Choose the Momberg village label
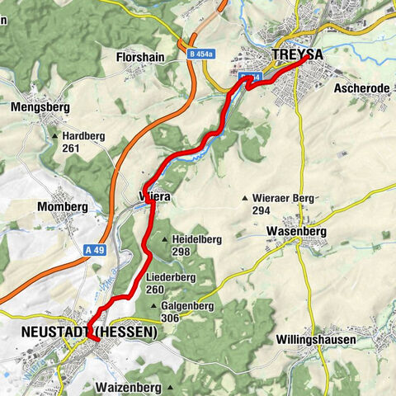pos(62,205)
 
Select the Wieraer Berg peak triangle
pos(244,198)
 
